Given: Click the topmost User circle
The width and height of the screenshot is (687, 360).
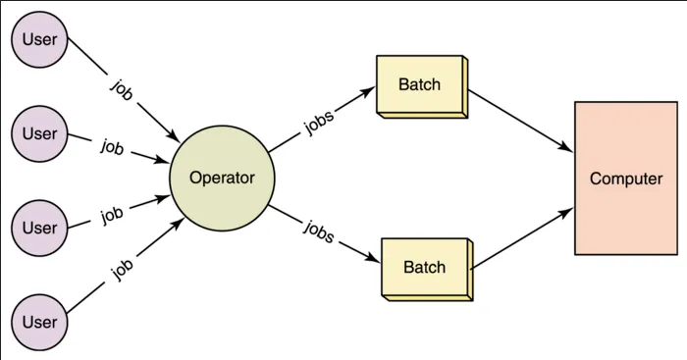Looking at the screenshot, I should pos(39,41).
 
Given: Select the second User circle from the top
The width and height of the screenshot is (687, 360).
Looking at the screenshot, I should pos(39,134).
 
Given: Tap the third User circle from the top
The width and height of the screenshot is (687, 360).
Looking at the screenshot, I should pos(39,228).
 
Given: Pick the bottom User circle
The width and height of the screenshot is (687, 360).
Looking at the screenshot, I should pos(39,321).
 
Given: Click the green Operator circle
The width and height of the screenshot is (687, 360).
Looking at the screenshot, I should pos(222,178).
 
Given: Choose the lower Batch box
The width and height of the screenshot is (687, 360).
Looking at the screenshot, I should pos(424,268).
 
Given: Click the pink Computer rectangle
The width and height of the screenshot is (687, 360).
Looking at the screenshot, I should pos(626,179).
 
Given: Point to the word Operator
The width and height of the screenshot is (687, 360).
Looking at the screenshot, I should pos(222,178).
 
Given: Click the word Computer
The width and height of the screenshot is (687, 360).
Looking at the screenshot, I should pos(626,179).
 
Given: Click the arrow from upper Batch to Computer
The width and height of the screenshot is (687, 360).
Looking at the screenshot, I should pos(520,124).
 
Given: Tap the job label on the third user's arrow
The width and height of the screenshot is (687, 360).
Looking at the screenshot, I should pos(112,214).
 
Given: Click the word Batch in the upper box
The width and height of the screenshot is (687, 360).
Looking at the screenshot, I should pos(419,84).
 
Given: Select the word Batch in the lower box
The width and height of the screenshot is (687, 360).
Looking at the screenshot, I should pos(424,267).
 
